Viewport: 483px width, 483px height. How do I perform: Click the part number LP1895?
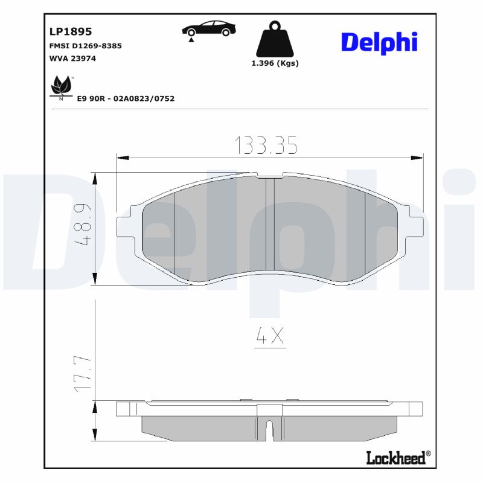[69, 32]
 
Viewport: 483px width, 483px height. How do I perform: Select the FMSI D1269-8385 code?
[85, 46]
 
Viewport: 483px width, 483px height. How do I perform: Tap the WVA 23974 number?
[72, 59]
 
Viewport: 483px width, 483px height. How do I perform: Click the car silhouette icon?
[210, 28]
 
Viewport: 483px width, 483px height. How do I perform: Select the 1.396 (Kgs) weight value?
[275, 63]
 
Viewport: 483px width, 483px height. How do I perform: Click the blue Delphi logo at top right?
[379, 42]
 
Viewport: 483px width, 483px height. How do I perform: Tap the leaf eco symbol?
[60, 86]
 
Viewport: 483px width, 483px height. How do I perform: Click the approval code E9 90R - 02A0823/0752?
[126, 98]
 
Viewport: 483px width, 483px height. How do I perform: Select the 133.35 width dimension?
[266, 145]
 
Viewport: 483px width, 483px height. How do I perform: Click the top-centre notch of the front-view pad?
[270, 176]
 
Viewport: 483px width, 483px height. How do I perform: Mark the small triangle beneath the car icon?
[191, 40]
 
